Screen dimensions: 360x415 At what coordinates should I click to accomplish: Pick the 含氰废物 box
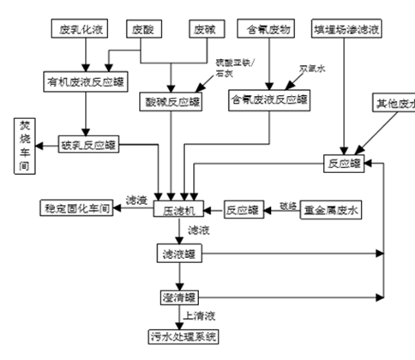tap(268, 30)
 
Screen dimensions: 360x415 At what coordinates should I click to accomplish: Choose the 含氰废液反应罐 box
tap(268, 100)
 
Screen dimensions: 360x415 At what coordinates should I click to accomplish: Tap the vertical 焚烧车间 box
tap(25, 146)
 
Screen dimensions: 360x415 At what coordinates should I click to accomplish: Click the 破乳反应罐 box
tap(89, 145)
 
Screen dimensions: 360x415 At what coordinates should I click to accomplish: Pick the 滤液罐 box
tap(179, 255)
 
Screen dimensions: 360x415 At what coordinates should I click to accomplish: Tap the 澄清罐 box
tap(179, 297)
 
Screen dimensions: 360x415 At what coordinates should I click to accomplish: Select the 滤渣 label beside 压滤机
tap(137, 199)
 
